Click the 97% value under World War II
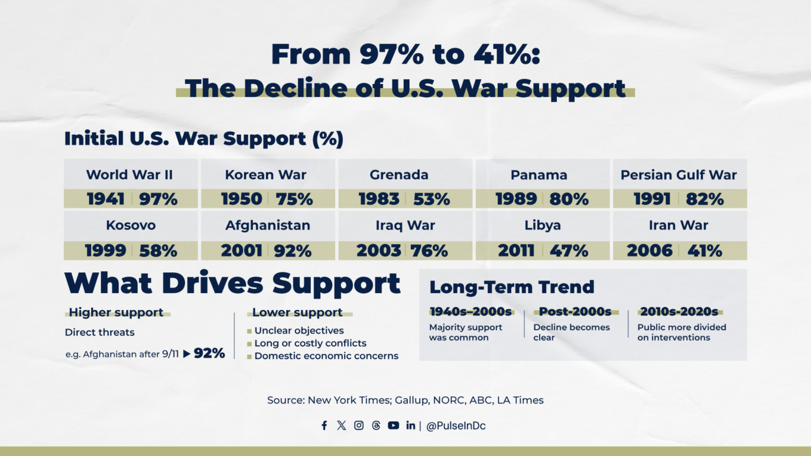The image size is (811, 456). pos(159,199)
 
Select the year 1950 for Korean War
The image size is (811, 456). pos(242,199)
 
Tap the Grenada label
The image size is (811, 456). pos(399,175)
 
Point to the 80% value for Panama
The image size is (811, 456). pos(569,199)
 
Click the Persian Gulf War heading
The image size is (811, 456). pos(679,175)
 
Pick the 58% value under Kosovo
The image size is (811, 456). pos(158,251)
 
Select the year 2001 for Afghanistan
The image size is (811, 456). pos(242,251)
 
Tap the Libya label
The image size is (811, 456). pos(543,225)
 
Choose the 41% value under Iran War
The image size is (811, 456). pos(705,251)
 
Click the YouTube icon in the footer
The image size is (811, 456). pos(394,426)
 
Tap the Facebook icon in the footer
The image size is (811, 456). pos(324,426)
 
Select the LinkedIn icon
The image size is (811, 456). pos(411,426)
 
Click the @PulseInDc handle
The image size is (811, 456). pos(456,426)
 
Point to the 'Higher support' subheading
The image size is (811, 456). pos(116,312)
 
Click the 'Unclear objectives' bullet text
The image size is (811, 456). pos(299,330)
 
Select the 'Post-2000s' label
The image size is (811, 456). pos(575,311)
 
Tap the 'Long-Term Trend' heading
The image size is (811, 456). pos(512,287)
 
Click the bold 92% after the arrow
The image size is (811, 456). pos(209,353)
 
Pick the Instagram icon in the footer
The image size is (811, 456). pos(359,426)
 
